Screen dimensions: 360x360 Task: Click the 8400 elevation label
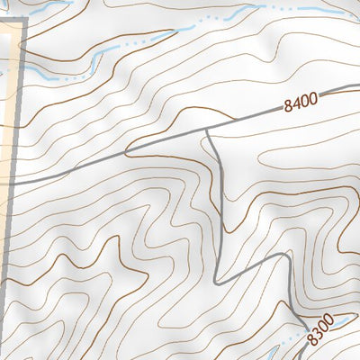[301, 103]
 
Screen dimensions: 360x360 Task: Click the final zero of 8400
[315, 100]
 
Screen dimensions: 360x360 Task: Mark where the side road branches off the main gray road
[207, 129]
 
